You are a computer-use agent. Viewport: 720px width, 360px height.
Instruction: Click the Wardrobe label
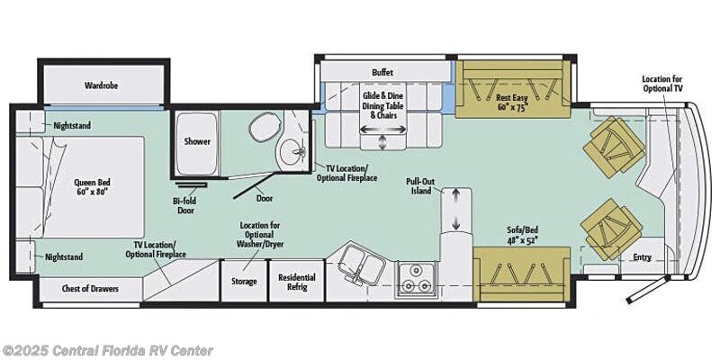(x=101, y=85)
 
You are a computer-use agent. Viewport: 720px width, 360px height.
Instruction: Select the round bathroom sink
(x=293, y=151)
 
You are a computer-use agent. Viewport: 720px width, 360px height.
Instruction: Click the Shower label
(x=197, y=141)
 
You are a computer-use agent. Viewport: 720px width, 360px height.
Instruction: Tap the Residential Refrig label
(x=297, y=282)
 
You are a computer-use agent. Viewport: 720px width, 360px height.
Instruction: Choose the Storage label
(x=243, y=282)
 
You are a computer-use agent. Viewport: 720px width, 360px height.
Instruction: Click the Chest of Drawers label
(x=90, y=289)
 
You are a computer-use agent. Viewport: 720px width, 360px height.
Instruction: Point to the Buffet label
(x=382, y=73)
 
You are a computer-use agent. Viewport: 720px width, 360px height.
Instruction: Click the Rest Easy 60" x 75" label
(x=512, y=103)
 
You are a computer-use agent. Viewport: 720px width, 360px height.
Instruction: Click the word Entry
(x=642, y=257)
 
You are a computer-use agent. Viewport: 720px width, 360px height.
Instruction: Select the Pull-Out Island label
(x=418, y=186)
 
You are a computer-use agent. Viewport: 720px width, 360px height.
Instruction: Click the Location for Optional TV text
(x=661, y=83)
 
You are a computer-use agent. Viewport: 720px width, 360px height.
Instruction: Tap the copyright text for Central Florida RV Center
(x=106, y=350)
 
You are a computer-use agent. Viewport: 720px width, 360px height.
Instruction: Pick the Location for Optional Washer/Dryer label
(x=259, y=235)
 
